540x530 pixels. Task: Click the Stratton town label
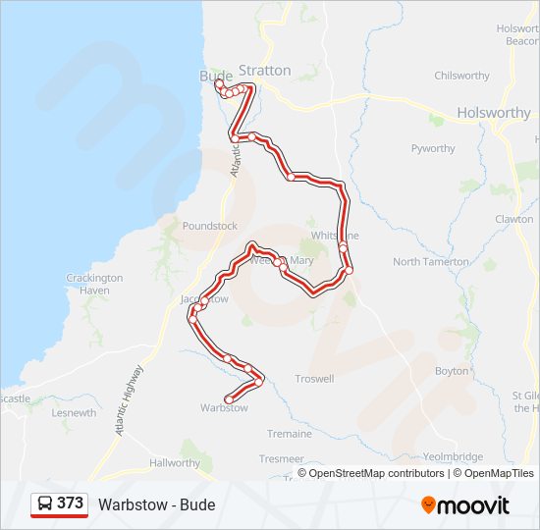click(x=265, y=71)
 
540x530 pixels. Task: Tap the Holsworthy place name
click(x=493, y=113)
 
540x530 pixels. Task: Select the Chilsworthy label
click(x=461, y=76)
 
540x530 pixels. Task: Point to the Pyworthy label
click(x=433, y=149)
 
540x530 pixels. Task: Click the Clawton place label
click(x=513, y=220)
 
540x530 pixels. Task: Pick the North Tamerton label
click(x=431, y=262)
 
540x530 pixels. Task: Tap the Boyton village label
click(x=452, y=371)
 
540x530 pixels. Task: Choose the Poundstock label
click(x=210, y=226)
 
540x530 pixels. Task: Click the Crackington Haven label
click(x=94, y=285)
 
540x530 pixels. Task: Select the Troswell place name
click(x=314, y=378)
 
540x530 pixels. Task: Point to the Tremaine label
click(x=289, y=434)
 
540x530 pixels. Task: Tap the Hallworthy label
click(x=175, y=462)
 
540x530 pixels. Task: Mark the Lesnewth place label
click(x=74, y=413)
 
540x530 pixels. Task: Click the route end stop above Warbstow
click(x=229, y=398)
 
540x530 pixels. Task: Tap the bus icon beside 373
click(x=45, y=503)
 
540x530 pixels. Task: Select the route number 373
click(x=70, y=503)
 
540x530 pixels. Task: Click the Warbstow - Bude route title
click(x=156, y=505)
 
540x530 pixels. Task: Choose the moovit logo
click(x=465, y=505)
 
